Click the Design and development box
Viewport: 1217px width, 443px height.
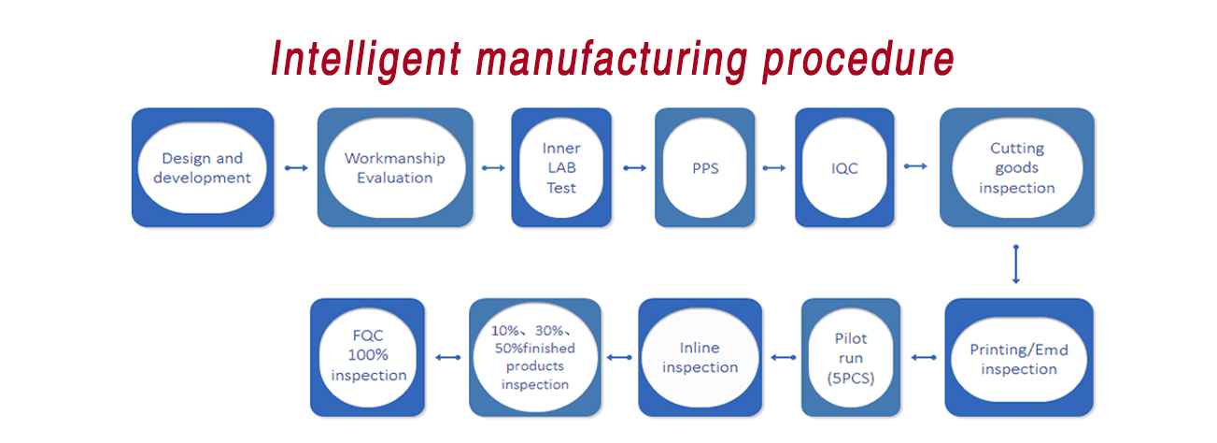tap(203, 167)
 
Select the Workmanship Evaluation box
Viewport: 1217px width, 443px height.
tap(395, 167)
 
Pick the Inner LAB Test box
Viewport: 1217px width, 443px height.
tap(561, 167)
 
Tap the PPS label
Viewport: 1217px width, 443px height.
tap(705, 168)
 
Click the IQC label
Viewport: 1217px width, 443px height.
tap(844, 168)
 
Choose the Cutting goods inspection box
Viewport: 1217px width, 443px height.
tap(1017, 167)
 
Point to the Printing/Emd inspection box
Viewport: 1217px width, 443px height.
tap(1019, 358)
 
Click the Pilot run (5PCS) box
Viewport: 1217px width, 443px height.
tap(851, 358)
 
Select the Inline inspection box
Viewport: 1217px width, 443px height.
tap(700, 358)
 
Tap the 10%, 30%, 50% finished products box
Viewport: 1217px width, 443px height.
tap(535, 358)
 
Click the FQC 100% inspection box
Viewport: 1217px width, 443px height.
tap(367, 358)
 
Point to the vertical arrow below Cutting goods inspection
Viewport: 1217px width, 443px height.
tap(1016, 264)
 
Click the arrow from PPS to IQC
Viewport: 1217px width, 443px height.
tap(774, 168)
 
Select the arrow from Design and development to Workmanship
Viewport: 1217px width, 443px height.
tap(296, 168)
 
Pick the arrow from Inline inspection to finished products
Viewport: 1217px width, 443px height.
tap(619, 358)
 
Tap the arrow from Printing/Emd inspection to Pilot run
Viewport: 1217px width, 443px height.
tap(924, 358)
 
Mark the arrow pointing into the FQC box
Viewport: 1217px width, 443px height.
tap(448, 358)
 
